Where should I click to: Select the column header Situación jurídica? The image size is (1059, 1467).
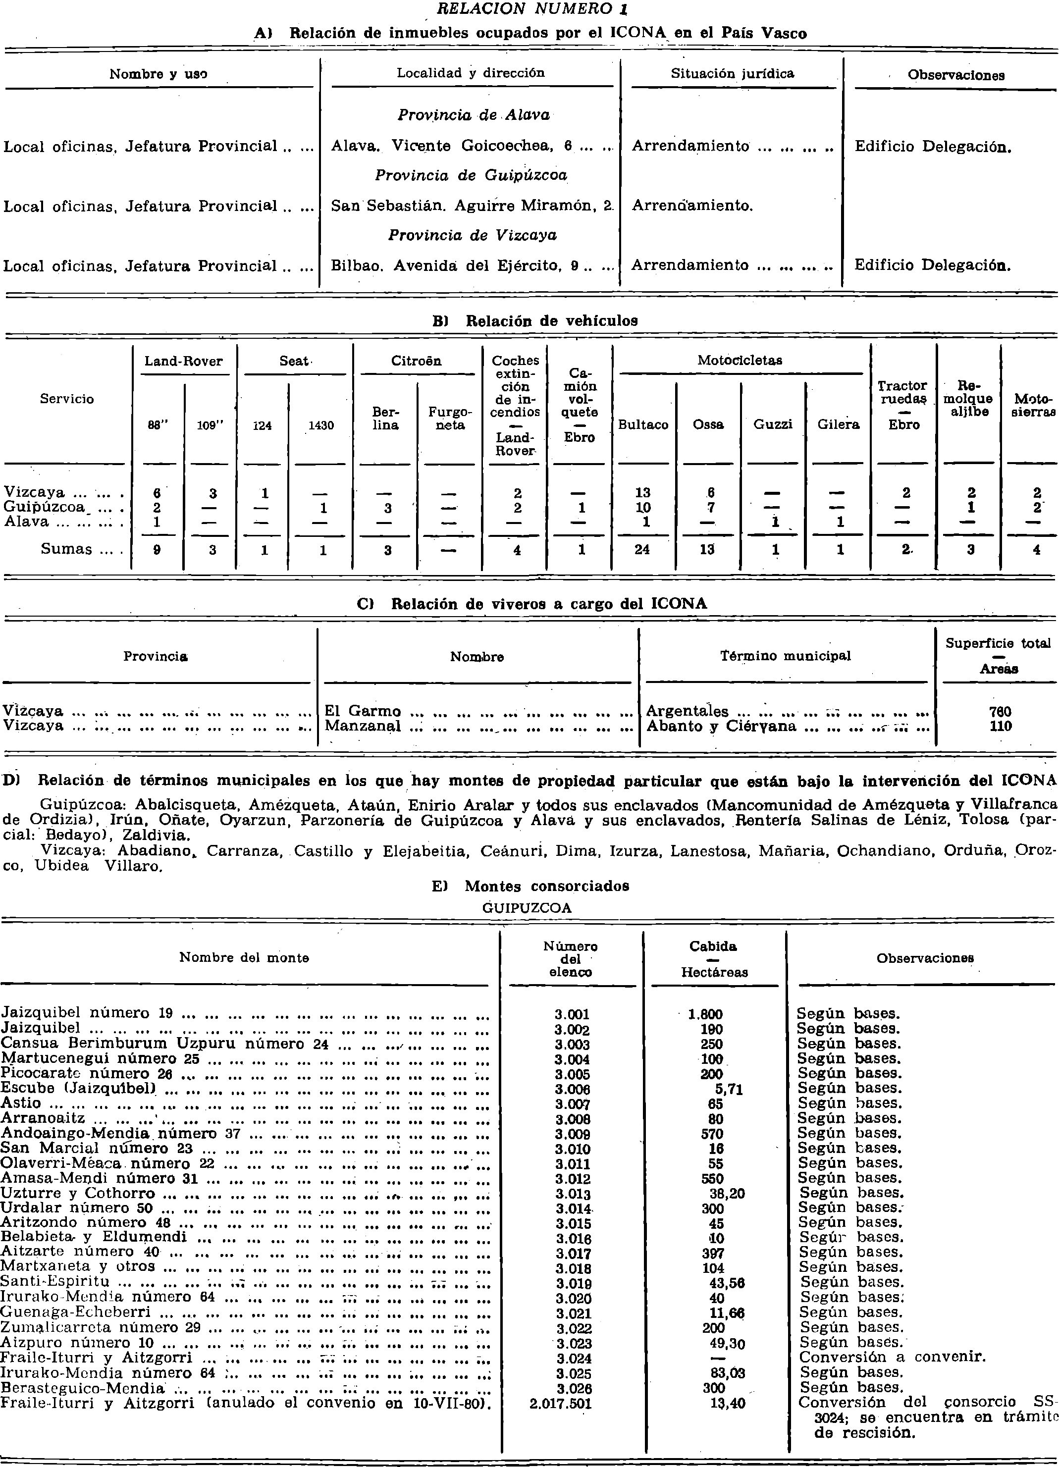click(x=732, y=74)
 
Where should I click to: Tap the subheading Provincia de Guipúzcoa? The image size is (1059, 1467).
click(x=472, y=175)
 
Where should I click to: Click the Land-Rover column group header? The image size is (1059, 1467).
click(x=184, y=361)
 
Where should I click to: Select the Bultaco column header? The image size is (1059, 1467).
click(x=642, y=425)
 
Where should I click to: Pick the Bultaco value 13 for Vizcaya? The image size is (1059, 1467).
click(x=642, y=493)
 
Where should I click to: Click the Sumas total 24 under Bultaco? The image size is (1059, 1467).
click(x=642, y=550)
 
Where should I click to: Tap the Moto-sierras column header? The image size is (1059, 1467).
click(x=1033, y=406)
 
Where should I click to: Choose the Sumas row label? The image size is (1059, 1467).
click(x=67, y=549)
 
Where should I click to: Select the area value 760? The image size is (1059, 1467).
click(x=1000, y=712)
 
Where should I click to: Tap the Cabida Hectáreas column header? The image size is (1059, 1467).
click(x=714, y=958)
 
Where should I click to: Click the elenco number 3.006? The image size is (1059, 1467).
click(x=572, y=1089)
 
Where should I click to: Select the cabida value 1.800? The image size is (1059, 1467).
click(x=705, y=1015)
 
